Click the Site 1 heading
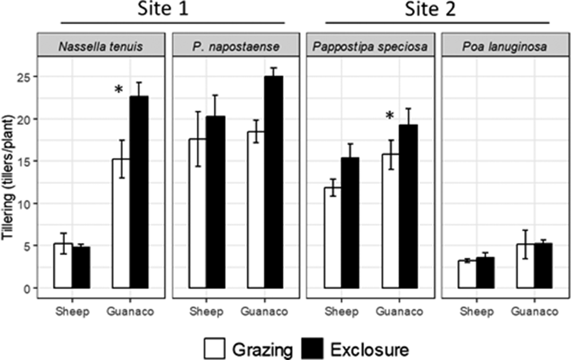click(163, 9)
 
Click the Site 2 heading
click(430, 9)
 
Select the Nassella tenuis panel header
click(101, 46)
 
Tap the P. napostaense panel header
click(236, 46)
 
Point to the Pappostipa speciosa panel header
click(370, 46)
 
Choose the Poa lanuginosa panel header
click(505, 46)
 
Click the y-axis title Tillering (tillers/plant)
click(8, 177)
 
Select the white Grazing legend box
click(214, 348)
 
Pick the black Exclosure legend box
click(312, 348)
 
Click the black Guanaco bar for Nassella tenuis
click(139, 192)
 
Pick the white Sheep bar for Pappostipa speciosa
click(333, 238)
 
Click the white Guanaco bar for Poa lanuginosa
click(525, 266)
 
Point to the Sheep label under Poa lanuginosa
click(477, 312)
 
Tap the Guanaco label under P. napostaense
click(264, 312)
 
